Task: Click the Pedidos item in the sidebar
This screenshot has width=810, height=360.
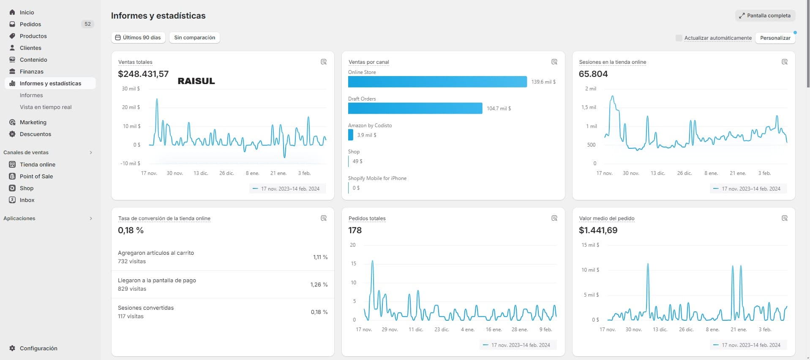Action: [30, 24]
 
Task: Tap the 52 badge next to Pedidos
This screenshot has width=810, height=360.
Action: [87, 24]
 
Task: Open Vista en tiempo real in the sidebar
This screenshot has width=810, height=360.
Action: [46, 107]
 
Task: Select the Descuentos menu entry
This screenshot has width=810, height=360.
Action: [35, 134]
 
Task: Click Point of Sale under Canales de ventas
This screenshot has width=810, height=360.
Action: [36, 176]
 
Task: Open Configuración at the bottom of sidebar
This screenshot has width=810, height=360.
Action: [38, 348]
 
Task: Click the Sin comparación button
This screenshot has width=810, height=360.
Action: [194, 38]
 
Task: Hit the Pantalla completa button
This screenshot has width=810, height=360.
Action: [765, 16]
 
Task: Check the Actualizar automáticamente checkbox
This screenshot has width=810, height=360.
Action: [679, 38]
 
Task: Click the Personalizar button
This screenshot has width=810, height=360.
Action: [775, 38]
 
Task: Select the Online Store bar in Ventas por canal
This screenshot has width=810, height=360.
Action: [437, 82]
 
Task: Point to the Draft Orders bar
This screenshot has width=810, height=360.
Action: [415, 108]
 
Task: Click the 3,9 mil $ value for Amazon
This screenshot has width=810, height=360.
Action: [366, 135]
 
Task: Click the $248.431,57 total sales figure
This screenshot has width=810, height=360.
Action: [143, 74]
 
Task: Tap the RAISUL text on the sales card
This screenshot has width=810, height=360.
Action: [196, 81]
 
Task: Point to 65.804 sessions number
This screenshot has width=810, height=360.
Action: [593, 74]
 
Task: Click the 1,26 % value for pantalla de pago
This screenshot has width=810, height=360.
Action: [319, 284]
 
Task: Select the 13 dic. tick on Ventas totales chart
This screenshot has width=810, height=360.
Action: [201, 173]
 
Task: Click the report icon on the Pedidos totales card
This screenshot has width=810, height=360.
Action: [554, 218]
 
